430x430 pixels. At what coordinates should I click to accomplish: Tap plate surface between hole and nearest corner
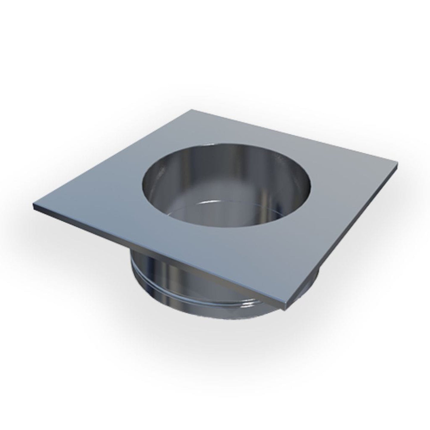tap(256, 262)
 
